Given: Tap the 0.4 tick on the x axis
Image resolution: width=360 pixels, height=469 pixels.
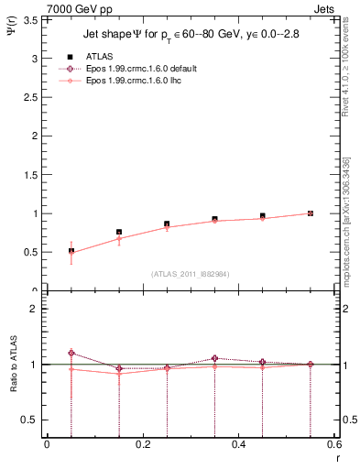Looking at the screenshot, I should (238, 444).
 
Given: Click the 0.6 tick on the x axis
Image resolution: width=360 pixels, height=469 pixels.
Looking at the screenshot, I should (333, 444).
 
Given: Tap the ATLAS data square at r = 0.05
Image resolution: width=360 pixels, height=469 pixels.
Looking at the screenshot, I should (71, 251).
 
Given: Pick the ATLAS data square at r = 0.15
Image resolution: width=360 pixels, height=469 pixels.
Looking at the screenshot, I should (119, 233).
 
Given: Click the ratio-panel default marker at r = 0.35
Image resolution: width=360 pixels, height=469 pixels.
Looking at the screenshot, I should (214, 358).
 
